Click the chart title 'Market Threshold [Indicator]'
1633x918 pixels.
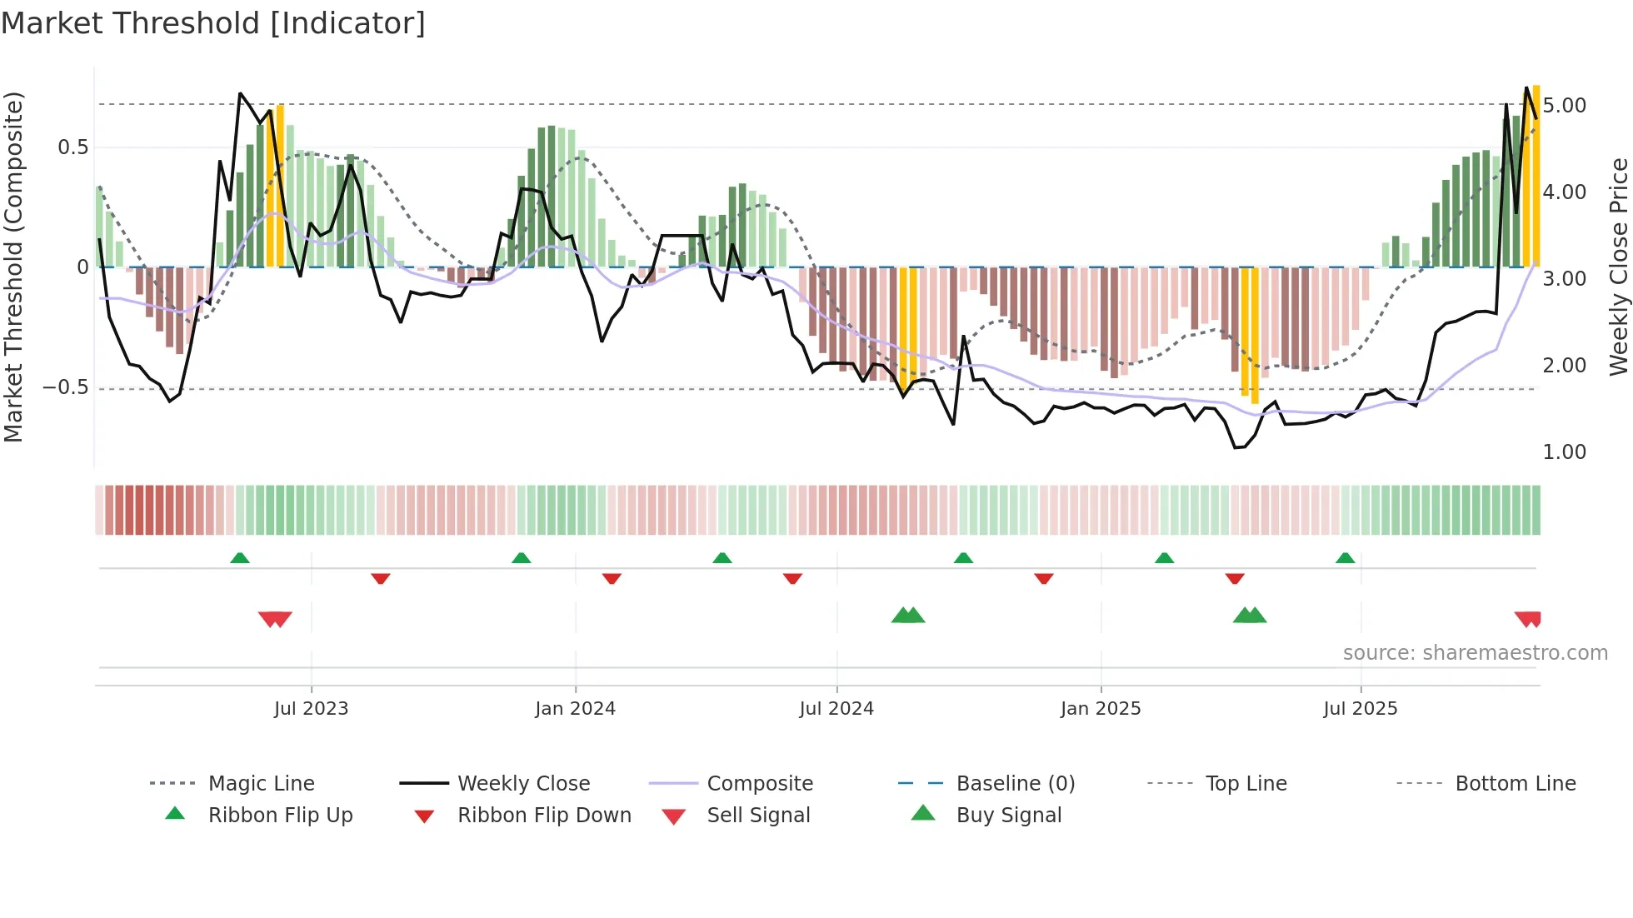click(213, 23)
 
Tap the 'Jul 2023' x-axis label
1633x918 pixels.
click(311, 709)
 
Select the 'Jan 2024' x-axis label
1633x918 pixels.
click(575, 709)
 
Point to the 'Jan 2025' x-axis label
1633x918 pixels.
click(1100, 709)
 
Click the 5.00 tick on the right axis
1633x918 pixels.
click(1564, 106)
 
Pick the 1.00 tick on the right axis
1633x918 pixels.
click(1564, 452)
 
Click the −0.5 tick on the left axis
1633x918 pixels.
click(65, 388)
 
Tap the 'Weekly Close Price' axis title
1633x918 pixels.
click(1618, 267)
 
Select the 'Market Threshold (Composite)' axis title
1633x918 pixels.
click(14, 267)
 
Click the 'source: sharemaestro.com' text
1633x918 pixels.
click(1475, 653)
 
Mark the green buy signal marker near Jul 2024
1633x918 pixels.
click(908, 616)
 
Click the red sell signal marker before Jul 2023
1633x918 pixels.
click(275, 619)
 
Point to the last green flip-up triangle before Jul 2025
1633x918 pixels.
click(1345, 558)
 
